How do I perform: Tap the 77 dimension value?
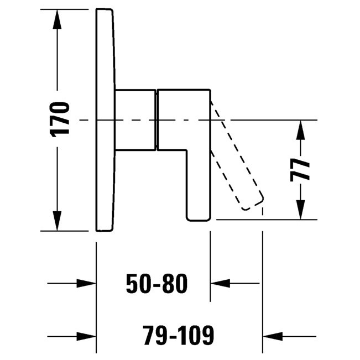(x=300, y=169)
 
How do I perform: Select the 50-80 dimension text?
(x=156, y=284)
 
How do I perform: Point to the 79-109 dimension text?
(x=178, y=335)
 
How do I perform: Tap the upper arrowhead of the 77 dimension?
(x=300, y=129)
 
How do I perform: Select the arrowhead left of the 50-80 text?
(x=86, y=284)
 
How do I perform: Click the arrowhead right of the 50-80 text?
(x=221, y=284)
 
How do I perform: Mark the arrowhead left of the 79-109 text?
(x=86, y=335)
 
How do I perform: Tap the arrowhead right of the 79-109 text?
(x=272, y=335)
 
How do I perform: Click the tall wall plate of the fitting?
(x=106, y=119)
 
